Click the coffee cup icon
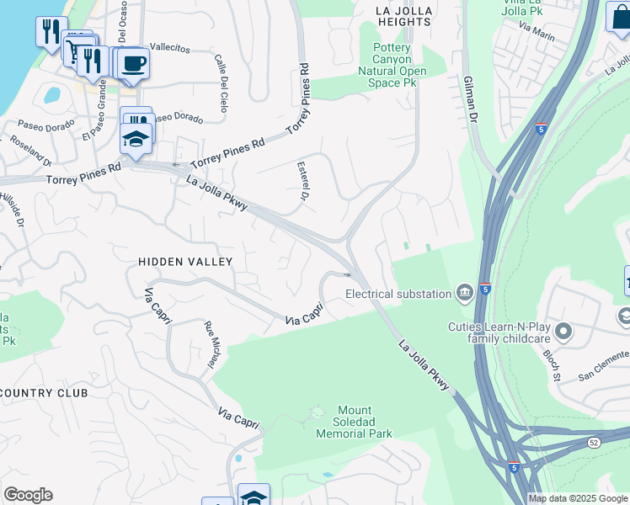coord(132,63)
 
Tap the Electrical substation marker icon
coord(464,294)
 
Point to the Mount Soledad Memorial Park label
coord(354,427)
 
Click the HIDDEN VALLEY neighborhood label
coord(184,263)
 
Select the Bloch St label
coord(552,364)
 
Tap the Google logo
coord(28,495)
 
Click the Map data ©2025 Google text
coord(578,498)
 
